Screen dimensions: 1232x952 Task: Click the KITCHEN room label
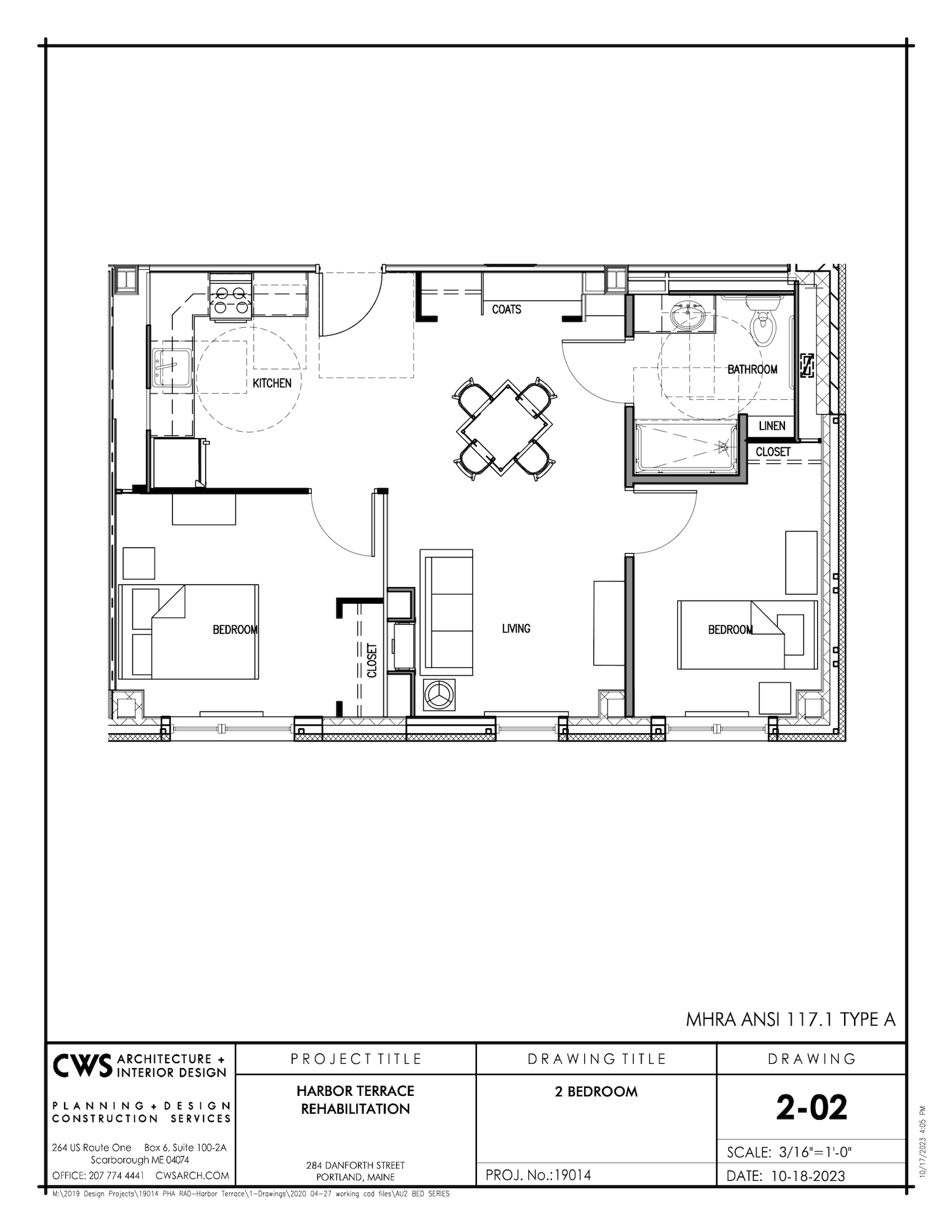(x=272, y=383)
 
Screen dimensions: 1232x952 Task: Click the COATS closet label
(x=507, y=309)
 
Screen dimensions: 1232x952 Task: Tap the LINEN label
(x=771, y=426)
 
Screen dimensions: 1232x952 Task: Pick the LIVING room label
(x=516, y=628)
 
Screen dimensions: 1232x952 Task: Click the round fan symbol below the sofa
(x=438, y=695)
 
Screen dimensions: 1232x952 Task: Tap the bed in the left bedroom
(x=188, y=631)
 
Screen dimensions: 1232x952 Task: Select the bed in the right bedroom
(x=747, y=634)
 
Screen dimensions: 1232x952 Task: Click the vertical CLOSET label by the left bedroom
(x=372, y=660)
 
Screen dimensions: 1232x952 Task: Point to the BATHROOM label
(x=752, y=370)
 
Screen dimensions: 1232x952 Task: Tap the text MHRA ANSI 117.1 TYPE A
(x=790, y=1019)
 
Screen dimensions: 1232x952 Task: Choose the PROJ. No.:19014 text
(x=538, y=1175)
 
